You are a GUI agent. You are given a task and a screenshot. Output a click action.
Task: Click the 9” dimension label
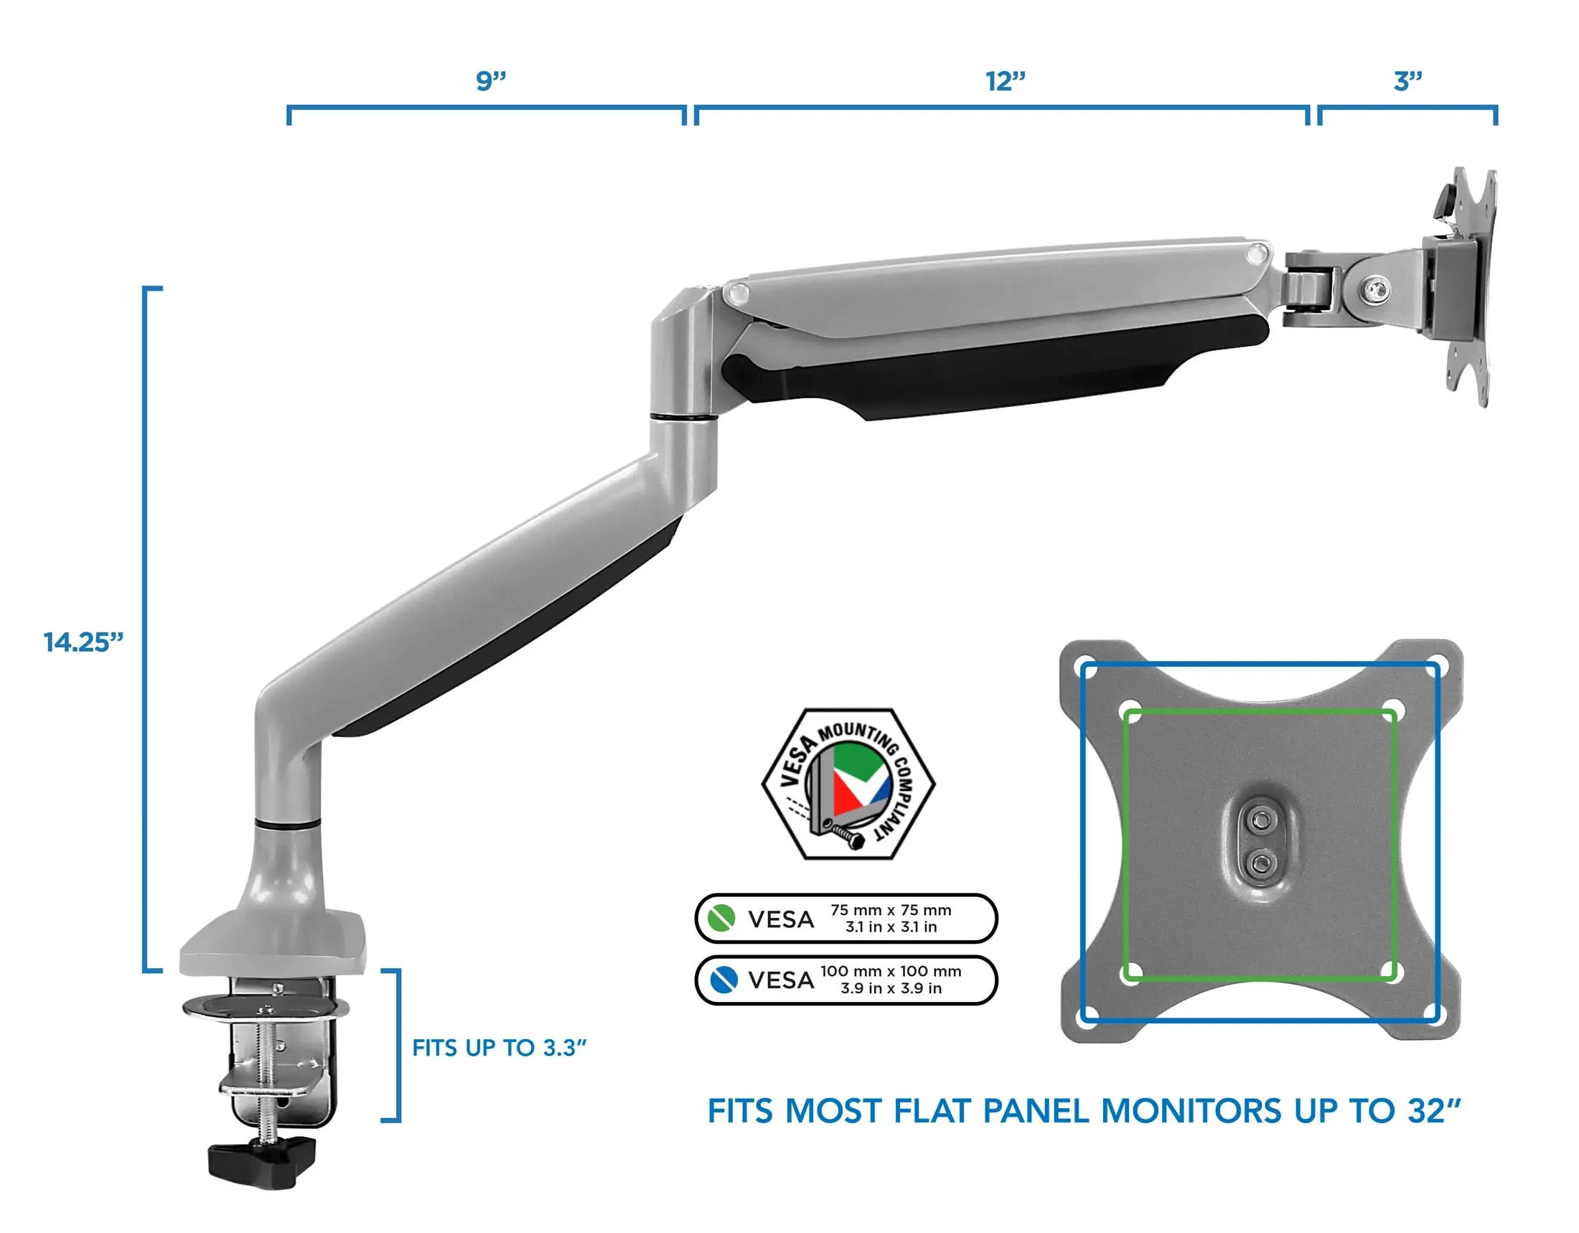pyautogui.click(x=491, y=80)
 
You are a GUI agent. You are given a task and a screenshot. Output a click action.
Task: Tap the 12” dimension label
pyautogui.click(x=1006, y=81)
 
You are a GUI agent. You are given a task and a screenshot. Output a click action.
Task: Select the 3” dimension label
pyautogui.click(x=1407, y=81)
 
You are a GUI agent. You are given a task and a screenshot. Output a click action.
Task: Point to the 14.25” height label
pyautogui.click(x=83, y=642)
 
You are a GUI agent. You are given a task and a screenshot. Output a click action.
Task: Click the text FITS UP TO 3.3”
pyautogui.click(x=499, y=1048)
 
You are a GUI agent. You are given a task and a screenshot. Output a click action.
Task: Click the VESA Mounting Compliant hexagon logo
pyautogui.click(x=848, y=784)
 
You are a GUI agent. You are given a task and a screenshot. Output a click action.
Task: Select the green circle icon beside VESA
pyautogui.click(x=721, y=919)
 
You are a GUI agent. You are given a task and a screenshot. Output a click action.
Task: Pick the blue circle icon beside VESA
pyautogui.click(x=723, y=980)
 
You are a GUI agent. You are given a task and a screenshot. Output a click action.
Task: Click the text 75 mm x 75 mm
pyautogui.click(x=891, y=910)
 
